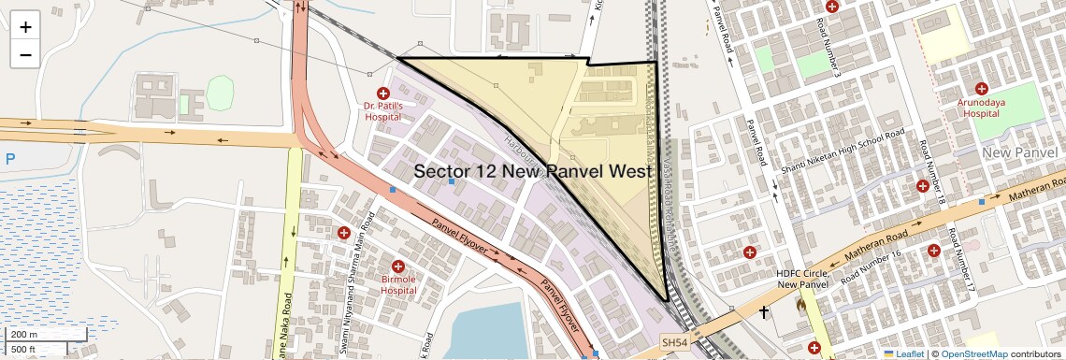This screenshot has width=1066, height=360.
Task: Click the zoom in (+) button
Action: coord(25,26)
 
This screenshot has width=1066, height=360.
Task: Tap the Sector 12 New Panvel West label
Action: coord(532,171)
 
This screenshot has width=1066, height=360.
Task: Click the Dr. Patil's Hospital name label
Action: coord(382,112)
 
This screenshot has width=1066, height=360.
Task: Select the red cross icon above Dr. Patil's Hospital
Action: coord(382,93)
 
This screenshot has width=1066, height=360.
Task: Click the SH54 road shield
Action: coord(674,343)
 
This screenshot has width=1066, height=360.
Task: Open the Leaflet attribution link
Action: coord(903,353)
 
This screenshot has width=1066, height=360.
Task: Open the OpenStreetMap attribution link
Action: coord(973,353)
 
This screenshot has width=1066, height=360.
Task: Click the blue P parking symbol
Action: coord(10,159)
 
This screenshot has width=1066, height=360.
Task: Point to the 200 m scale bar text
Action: coord(24,335)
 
